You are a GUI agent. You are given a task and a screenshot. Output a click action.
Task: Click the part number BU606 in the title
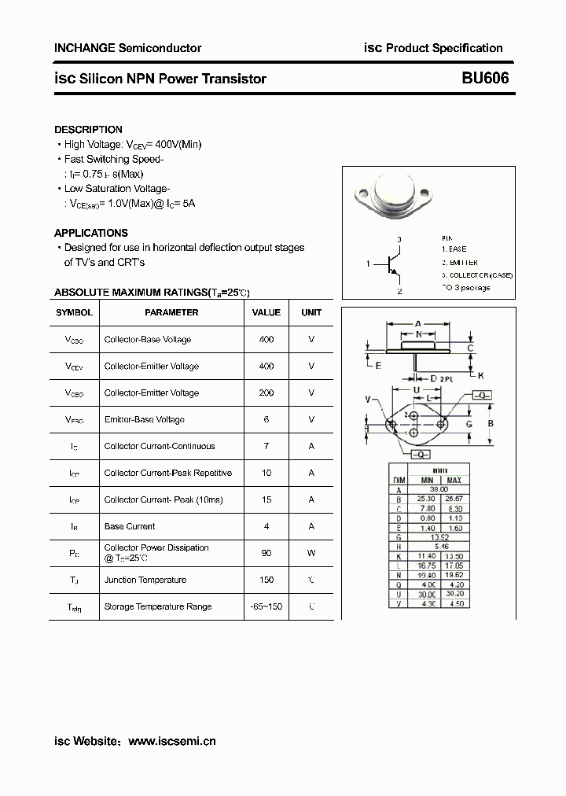(485, 78)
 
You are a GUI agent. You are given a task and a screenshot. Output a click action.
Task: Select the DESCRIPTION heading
(88, 130)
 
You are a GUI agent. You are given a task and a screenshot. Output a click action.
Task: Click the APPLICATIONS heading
(90, 233)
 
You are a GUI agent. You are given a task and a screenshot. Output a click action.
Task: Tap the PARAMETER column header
(171, 312)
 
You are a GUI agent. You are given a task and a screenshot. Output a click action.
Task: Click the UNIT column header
(311, 312)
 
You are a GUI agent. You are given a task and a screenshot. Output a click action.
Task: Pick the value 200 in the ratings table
(266, 392)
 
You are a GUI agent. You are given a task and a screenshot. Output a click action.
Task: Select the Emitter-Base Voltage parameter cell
(144, 419)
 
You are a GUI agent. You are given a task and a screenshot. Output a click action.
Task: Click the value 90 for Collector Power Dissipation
(266, 553)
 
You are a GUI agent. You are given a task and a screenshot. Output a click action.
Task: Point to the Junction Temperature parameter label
(145, 580)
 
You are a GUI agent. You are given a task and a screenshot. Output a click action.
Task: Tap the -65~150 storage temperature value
(266, 606)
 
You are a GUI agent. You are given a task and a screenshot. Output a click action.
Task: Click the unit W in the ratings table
(311, 553)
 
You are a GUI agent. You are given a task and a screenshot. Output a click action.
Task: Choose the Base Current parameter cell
(130, 526)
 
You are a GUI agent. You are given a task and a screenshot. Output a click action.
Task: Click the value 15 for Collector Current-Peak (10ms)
(266, 499)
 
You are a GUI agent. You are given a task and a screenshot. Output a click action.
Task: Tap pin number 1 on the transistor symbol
(368, 264)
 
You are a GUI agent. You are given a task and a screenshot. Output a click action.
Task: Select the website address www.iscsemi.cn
(171, 741)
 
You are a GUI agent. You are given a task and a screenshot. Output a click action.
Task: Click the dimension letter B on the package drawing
(491, 424)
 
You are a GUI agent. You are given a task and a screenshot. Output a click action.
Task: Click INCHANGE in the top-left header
(84, 48)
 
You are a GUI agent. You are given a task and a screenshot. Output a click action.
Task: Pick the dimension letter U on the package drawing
(417, 389)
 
